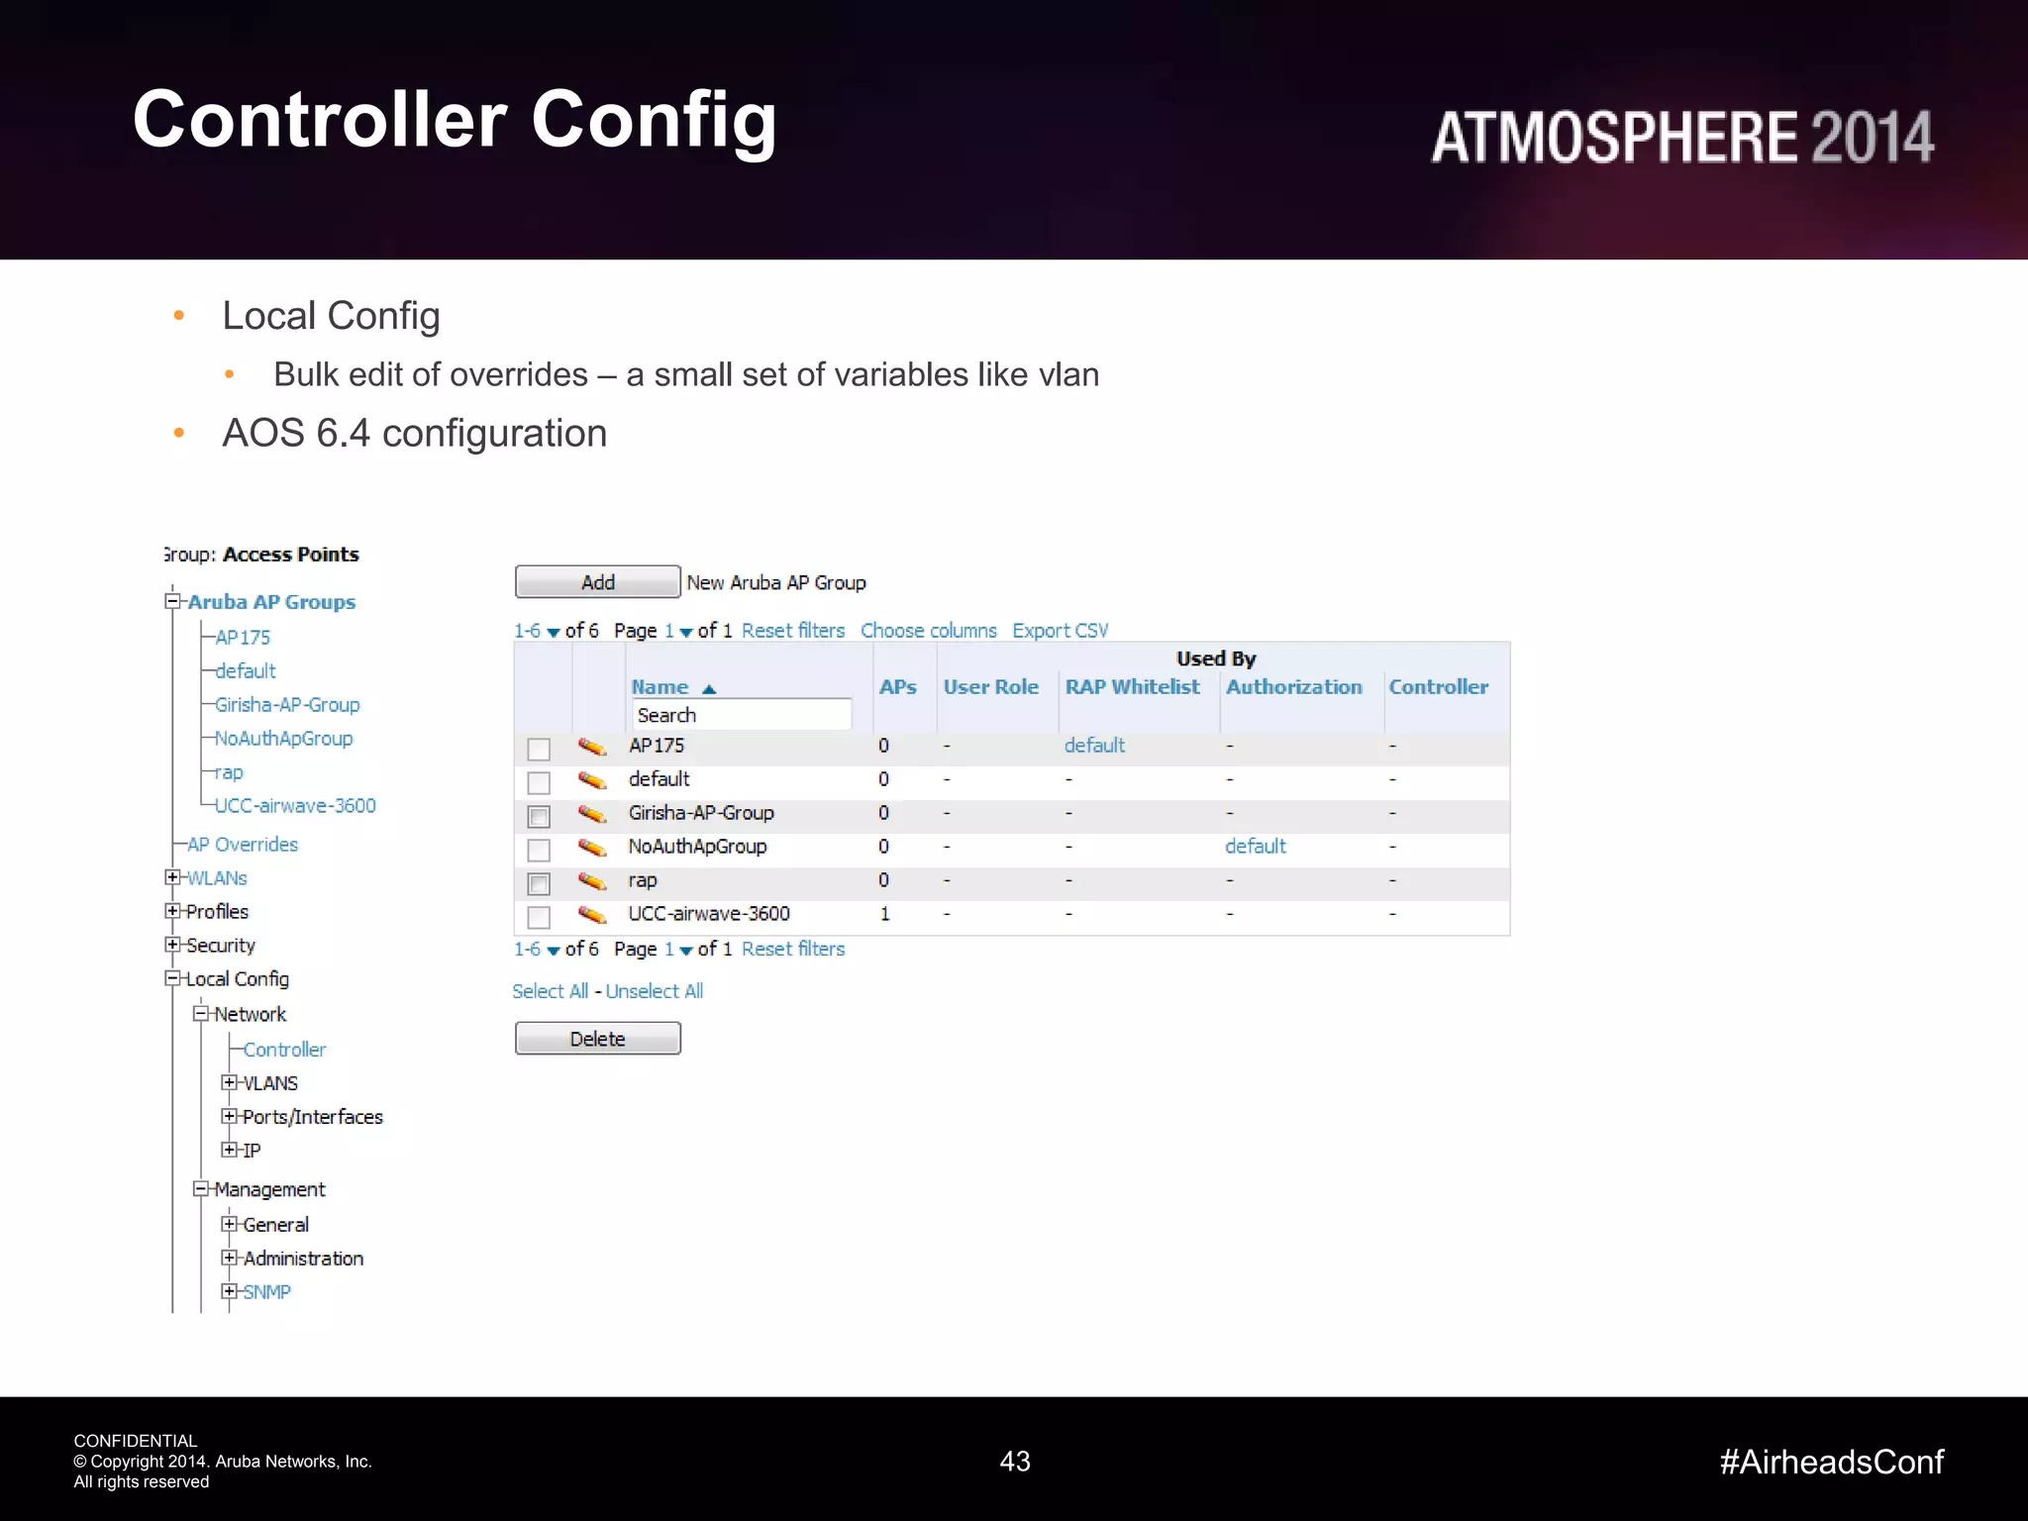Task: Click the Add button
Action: pos(597,582)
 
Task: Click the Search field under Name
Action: pos(741,715)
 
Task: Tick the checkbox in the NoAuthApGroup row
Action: pos(539,850)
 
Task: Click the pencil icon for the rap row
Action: pos(592,880)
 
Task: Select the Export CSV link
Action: pos(1060,631)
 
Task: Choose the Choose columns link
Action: pos(928,631)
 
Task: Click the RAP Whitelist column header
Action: pos(1132,687)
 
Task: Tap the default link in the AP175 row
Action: pos(1094,746)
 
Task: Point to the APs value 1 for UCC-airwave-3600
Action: pos(884,914)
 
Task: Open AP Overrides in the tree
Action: pos(243,845)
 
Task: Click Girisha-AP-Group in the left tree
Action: pos(287,705)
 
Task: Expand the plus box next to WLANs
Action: pos(172,877)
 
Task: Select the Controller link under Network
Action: pos(284,1050)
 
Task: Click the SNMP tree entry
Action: pos(266,1292)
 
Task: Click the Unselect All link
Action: pos(655,991)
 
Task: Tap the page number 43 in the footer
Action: pos(1015,1462)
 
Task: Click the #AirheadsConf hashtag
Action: pos(1831,1462)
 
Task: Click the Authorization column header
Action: pos(1293,687)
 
